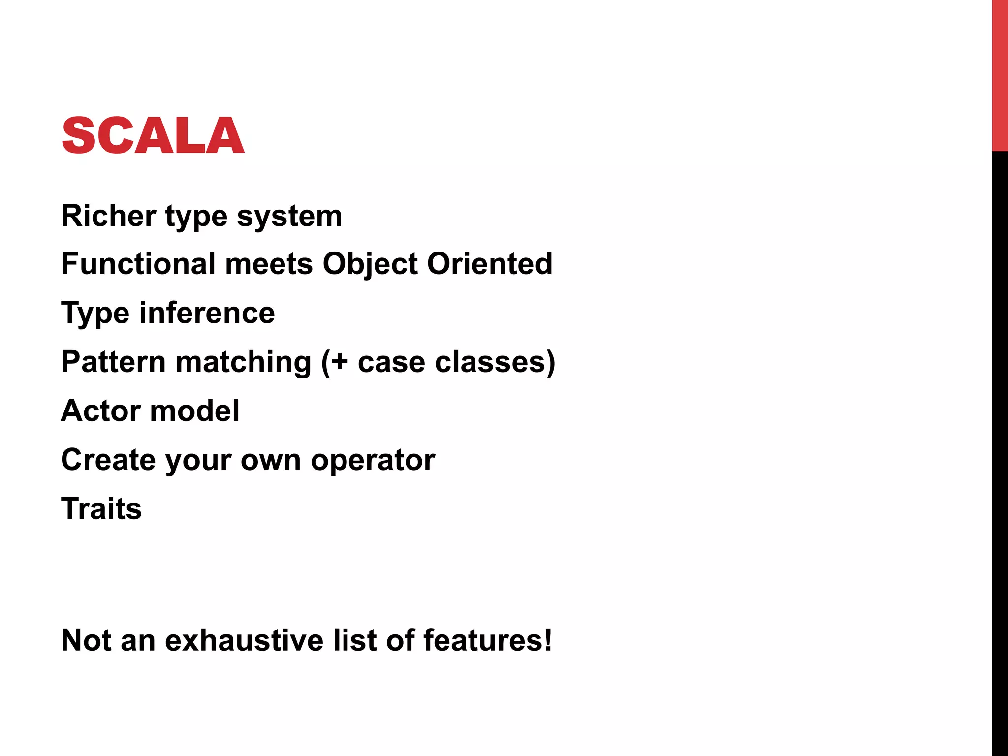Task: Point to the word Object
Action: pyautogui.click(x=370, y=264)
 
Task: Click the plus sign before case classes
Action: pyautogui.click(x=339, y=362)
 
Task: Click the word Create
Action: pyautogui.click(x=108, y=460)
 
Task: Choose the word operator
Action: pyautogui.click(x=373, y=461)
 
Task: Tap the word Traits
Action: pyautogui.click(x=101, y=508)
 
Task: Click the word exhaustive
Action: pyautogui.click(x=244, y=640)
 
